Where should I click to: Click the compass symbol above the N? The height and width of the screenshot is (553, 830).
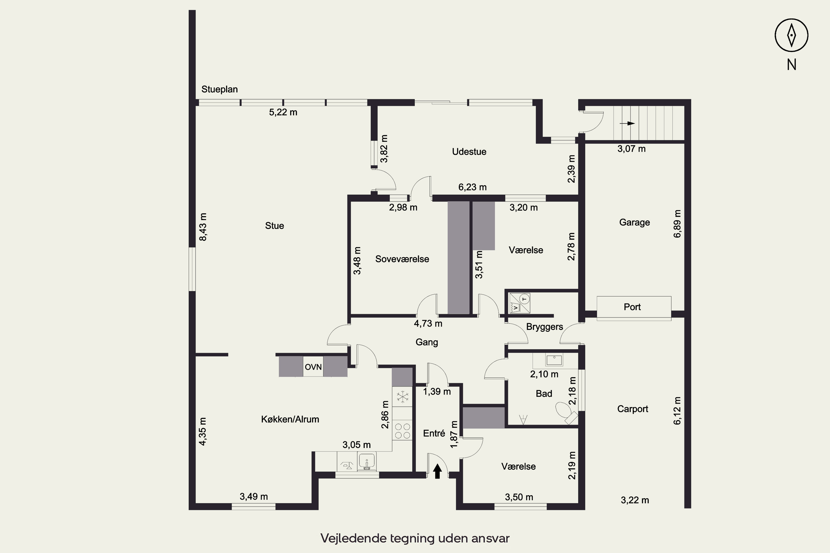tap(792, 35)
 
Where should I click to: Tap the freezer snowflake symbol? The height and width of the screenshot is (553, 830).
tap(402, 397)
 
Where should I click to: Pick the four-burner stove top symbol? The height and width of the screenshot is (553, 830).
tap(402, 431)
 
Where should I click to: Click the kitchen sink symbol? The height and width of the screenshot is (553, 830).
tap(367, 461)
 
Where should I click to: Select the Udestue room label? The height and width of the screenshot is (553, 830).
tap(469, 152)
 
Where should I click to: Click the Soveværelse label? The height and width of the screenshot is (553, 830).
tap(402, 259)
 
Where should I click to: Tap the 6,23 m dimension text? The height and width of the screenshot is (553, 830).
tap(472, 187)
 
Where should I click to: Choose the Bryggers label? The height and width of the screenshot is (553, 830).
tap(544, 327)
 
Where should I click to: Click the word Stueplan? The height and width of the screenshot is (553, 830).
tap(219, 89)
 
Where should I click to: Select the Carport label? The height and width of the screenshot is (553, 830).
tap(633, 409)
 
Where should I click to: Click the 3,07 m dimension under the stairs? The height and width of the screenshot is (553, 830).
tap(631, 149)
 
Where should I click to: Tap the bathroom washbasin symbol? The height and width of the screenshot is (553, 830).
tap(554, 360)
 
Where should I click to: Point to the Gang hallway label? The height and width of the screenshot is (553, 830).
tap(427, 342)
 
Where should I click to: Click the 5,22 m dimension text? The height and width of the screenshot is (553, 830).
tap(283, 112)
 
